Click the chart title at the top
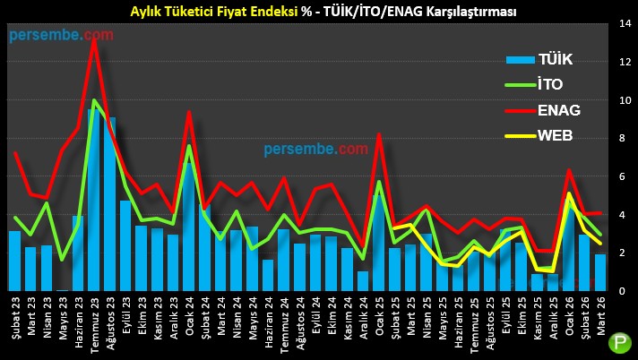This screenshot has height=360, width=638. (x=317, y=12)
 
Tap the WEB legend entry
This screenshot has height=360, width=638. (x=556, y=136)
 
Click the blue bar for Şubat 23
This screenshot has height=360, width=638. (x=15, y=261)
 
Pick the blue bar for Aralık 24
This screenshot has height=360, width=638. (x=363, y=280)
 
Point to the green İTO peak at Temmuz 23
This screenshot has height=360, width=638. (x=94, y=100)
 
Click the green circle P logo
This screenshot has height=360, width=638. (x=618, y=343)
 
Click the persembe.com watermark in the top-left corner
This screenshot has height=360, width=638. (x=62, y=35)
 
